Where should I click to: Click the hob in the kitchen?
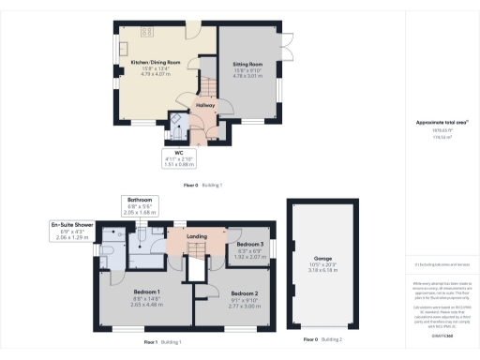148,33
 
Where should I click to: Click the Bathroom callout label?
141,200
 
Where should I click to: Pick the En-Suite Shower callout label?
72,225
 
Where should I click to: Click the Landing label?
197,236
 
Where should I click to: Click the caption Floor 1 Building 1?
163,342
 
